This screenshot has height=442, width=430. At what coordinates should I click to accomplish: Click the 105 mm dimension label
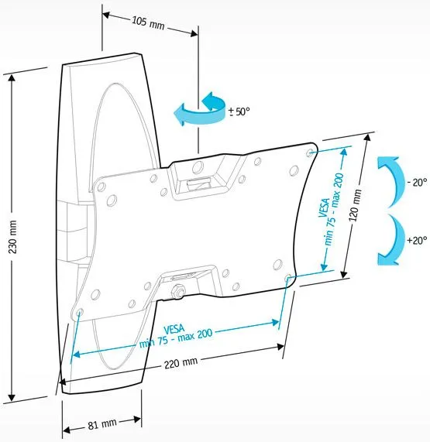pyautogui.click(x=148, y=22)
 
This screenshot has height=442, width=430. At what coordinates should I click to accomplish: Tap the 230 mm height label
pyautogui.click(x=12, y=237)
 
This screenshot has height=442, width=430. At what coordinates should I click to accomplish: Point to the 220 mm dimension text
pyautogui.click(x=181, y=363)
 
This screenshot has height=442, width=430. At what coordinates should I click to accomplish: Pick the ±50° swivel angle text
pyautogui.click(x=239, y=111)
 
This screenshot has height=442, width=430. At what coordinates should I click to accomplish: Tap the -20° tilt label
pyautogui.click(x=417, y=183)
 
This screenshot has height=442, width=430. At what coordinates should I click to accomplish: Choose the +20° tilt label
pyautogui.click(x=417, y=241)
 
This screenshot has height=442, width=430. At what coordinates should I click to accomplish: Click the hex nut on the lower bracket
pyautogui.click(x=178, y=291)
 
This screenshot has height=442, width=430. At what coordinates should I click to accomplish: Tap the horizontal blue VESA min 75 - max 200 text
pyautogui.click(x=175, y=335)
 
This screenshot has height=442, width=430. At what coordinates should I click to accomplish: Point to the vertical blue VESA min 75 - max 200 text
pyautogui.click(x=331, y=214)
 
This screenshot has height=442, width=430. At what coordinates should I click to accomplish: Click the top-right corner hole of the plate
pyautogui.click(x=309, y=152)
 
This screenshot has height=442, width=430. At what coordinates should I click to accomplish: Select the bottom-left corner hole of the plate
pyautogui.click(x=79, y=312)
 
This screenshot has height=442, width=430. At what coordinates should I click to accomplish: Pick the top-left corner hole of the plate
pyautogui.click(x=101, y=187)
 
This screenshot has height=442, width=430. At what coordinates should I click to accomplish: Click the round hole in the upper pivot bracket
pyautogui.click(x=198, y=167)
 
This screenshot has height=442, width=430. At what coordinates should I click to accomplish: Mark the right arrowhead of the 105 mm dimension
pyautogui.click(x=194, y=34)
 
